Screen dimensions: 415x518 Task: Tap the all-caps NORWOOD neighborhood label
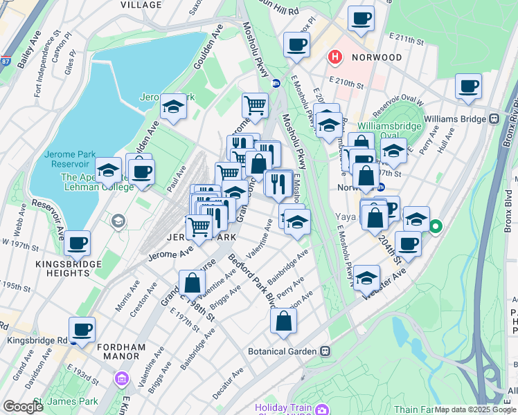[375, 57]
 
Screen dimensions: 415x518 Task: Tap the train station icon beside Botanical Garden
[325, 351]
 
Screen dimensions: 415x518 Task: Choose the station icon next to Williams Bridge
[494, 118]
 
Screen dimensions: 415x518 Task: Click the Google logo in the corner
[23, 407]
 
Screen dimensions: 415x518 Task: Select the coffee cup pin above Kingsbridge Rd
[82, 329]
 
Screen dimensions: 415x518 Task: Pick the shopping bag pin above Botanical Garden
[284, 320]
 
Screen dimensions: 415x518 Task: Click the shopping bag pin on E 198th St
[192, 282]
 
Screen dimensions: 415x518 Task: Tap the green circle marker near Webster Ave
[436, 225]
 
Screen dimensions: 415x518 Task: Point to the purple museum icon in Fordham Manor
[123, 378]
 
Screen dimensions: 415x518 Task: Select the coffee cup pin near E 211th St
[360, 19]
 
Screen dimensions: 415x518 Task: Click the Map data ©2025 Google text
[475, 409]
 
